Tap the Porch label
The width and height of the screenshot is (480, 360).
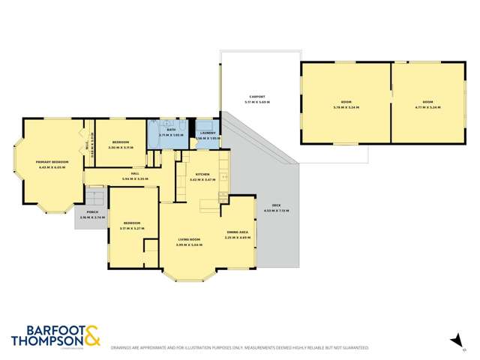point(92,214)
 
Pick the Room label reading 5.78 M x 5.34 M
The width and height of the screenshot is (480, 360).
point(344,103)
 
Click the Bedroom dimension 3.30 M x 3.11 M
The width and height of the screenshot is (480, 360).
point(121,148)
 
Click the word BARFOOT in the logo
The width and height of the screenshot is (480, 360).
point(44,331)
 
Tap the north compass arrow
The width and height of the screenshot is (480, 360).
point(454,341)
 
